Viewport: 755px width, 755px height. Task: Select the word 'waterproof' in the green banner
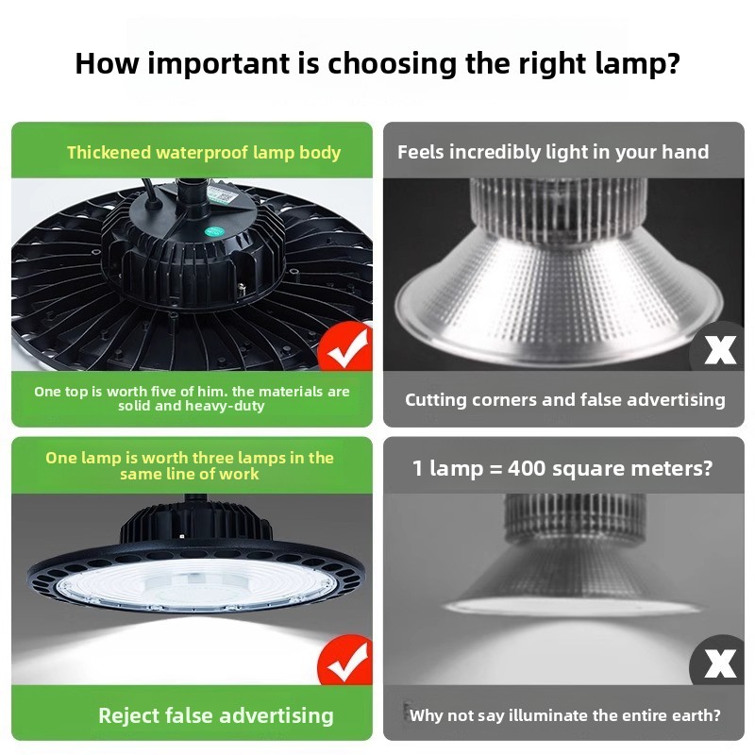202,153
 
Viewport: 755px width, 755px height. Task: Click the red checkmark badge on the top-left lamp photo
345,346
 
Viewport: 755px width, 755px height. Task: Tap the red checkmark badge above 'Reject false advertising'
345,660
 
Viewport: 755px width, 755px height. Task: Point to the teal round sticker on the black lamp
213,231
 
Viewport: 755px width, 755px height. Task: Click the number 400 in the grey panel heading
527,468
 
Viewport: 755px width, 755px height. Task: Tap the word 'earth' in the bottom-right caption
692,715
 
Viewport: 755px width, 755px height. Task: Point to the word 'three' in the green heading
212,458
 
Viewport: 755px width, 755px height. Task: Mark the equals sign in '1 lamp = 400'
495,469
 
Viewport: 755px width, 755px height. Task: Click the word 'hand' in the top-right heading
686,152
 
